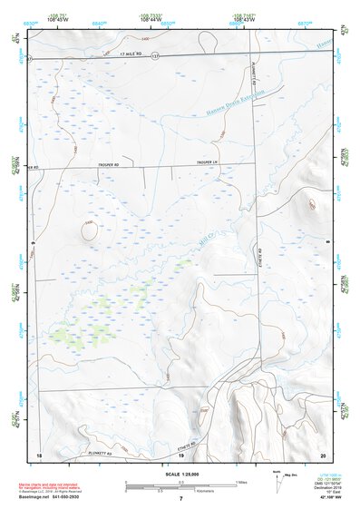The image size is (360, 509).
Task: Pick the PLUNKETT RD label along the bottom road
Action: pyautogui.click(x=106, y=452)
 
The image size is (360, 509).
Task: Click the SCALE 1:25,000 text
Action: pyautogui.click(x=180, y=475)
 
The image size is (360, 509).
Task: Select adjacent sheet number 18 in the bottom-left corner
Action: pyautogui.click(x=38, y=453)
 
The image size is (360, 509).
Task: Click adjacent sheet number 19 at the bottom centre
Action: pyautogui.click(x=180, y=453)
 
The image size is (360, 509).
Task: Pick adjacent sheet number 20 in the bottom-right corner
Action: pyautogui.click(x=322, y=453)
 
